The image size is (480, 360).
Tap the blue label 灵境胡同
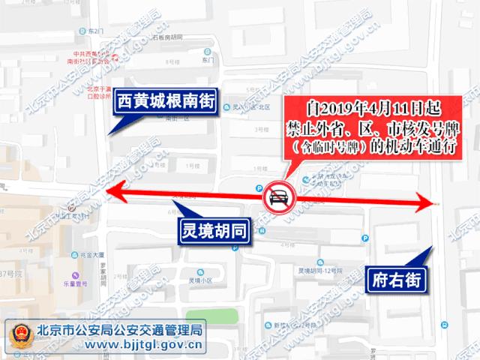click(x=214, y=229)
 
